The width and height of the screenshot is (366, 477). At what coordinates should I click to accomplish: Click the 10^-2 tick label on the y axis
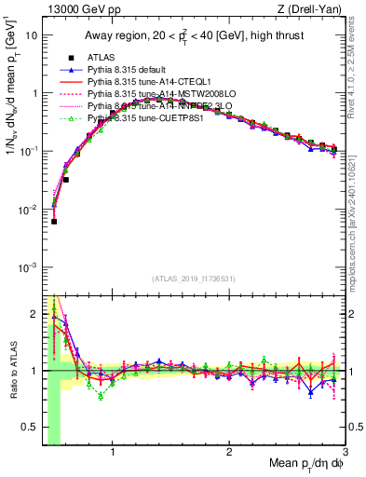[28, 210]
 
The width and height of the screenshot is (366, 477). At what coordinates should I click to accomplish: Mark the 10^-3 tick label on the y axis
[28, 267]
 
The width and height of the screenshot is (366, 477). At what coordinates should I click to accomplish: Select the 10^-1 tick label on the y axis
[28, 151]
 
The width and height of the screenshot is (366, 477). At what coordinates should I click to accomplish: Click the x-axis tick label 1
[113, 454]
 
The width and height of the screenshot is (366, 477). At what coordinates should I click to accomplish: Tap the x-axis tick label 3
[345, 454]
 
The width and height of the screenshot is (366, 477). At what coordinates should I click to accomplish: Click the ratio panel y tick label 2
[34, 312]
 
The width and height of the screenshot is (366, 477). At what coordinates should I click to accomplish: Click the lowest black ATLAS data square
[54, 221]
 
